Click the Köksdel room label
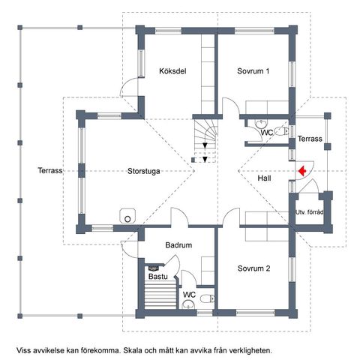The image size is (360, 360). [x=172, y=71]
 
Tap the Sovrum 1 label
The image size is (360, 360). [x=253, y=71]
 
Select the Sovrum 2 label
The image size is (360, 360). [x=253, y=268]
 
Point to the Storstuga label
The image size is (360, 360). [x=144, y=171]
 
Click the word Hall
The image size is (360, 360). [x=264, y=178]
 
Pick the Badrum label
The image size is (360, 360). [x=178, y=245]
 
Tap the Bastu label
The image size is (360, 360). [x=158, y=277]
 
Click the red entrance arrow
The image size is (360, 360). [x=302, y=171]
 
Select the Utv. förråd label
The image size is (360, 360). [x=310, y=212]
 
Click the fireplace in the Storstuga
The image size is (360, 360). [x=127, y=215]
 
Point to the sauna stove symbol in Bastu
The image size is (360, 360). [x=153, y=268]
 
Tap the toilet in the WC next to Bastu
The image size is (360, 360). [x=207, y=298]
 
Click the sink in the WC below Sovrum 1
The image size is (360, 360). [x=261, y=123]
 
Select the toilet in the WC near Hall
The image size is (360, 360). [x=281, y=131]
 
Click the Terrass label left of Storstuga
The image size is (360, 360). [x=50, y=170]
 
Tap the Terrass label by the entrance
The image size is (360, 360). [x=310, y=139]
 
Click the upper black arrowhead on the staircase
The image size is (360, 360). [x=205, y=145]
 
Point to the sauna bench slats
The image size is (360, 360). [x=160, y=295]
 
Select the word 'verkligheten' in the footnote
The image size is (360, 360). [x=250, y=350]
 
